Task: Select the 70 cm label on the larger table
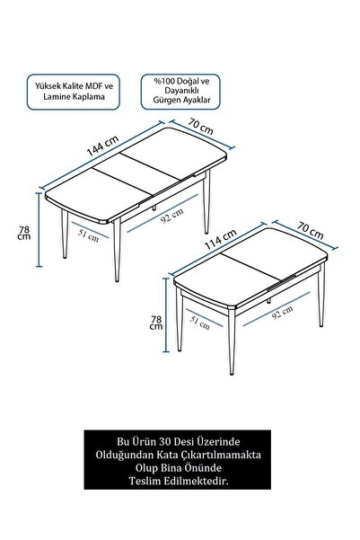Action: [200, 129]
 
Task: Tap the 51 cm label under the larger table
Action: [88, 235]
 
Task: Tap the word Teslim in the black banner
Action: [148, 508]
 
